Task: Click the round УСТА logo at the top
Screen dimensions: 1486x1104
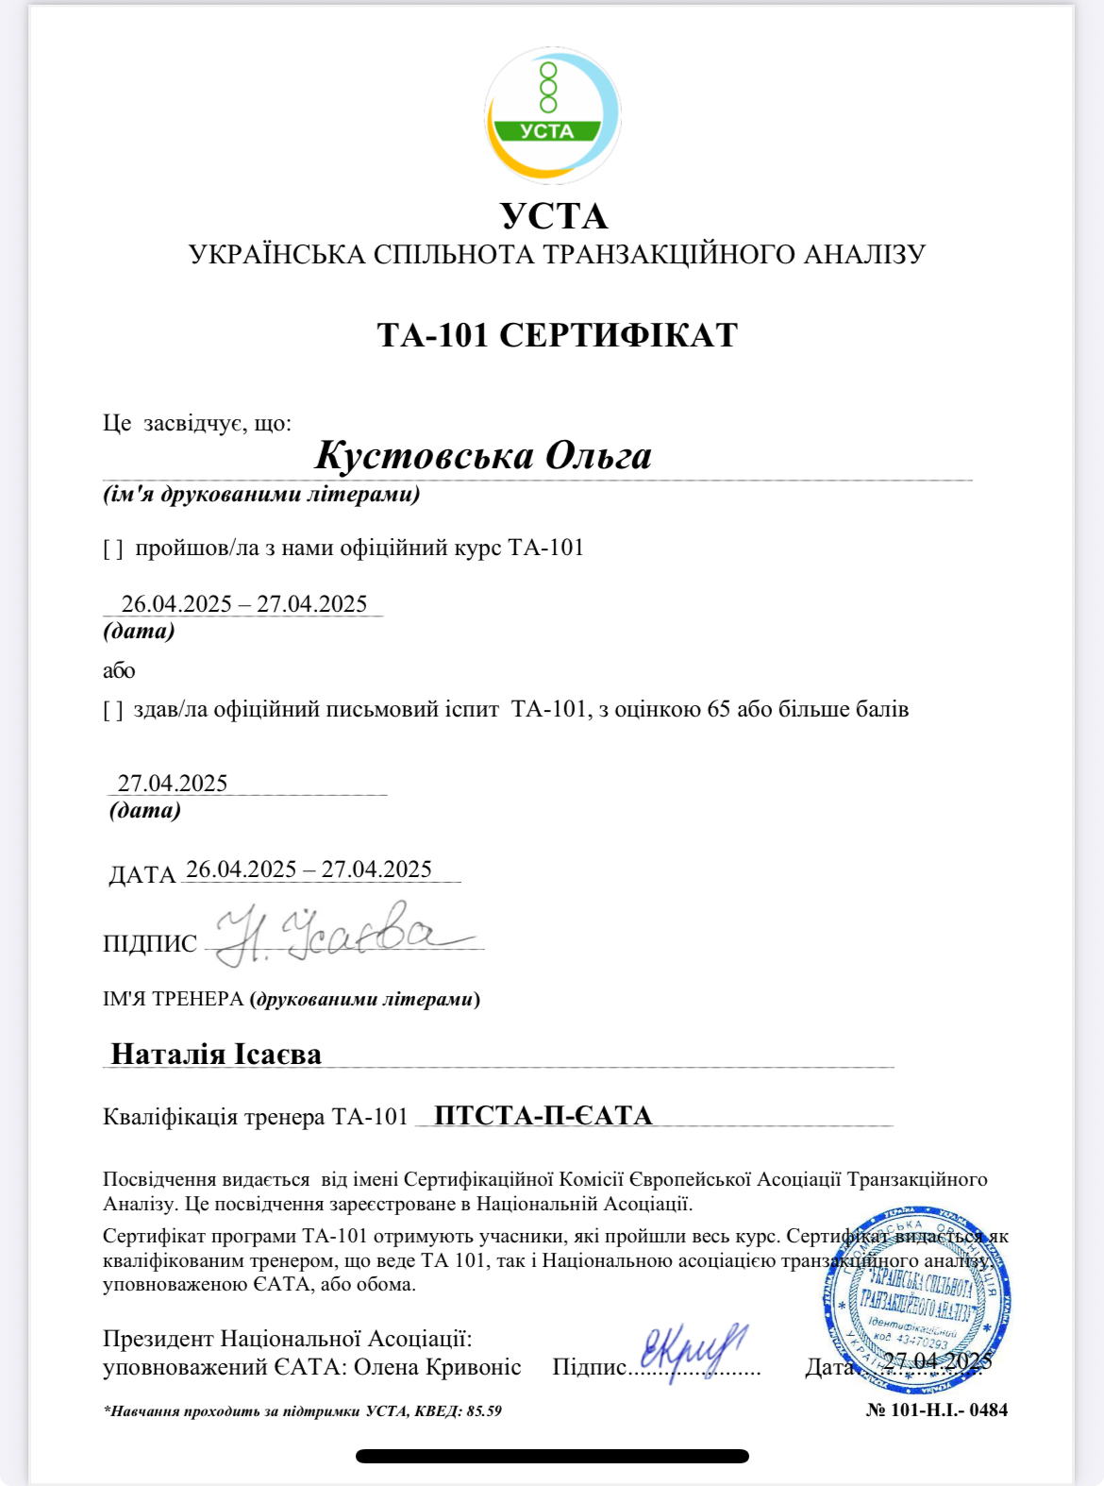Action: pyautogui.click(x=552, y=114)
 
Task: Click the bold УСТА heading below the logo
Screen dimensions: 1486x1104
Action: pyautogui.click(x=554, y=216)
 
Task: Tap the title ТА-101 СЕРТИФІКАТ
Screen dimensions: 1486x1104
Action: pyautogui.click(x=557, y=335)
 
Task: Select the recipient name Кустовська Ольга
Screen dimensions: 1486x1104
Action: pyautogui.click(x=483, y=455)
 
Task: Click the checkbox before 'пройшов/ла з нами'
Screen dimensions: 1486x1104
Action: pyautogui.click(x=113, y=549)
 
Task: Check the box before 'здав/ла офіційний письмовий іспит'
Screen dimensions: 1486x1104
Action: pyautogui.click(x=113, y=710)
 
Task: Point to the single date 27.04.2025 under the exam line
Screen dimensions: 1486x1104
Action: pyautogui.click(x=173, y=783)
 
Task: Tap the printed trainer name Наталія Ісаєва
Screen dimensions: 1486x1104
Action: pyautogui.click(x=216, y=1054)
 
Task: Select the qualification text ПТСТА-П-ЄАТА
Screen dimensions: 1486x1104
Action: pyautogui.click(x=544, y=1116)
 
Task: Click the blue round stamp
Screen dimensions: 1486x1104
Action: pyautogui.click(x=916, y=1298)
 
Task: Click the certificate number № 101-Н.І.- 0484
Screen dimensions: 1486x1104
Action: pyautogui.click(x=936, y=1410)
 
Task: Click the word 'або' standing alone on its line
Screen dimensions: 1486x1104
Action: pyautogui.click(x=119, y=671)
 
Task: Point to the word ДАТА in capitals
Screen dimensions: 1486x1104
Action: pyautogui.click(x=142, y=875)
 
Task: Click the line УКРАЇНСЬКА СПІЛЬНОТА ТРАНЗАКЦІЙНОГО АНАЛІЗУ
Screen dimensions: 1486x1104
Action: pyautogui.click(x=557, y=255)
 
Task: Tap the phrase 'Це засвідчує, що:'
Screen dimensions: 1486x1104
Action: pyautogui.click(x=197, y=423)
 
